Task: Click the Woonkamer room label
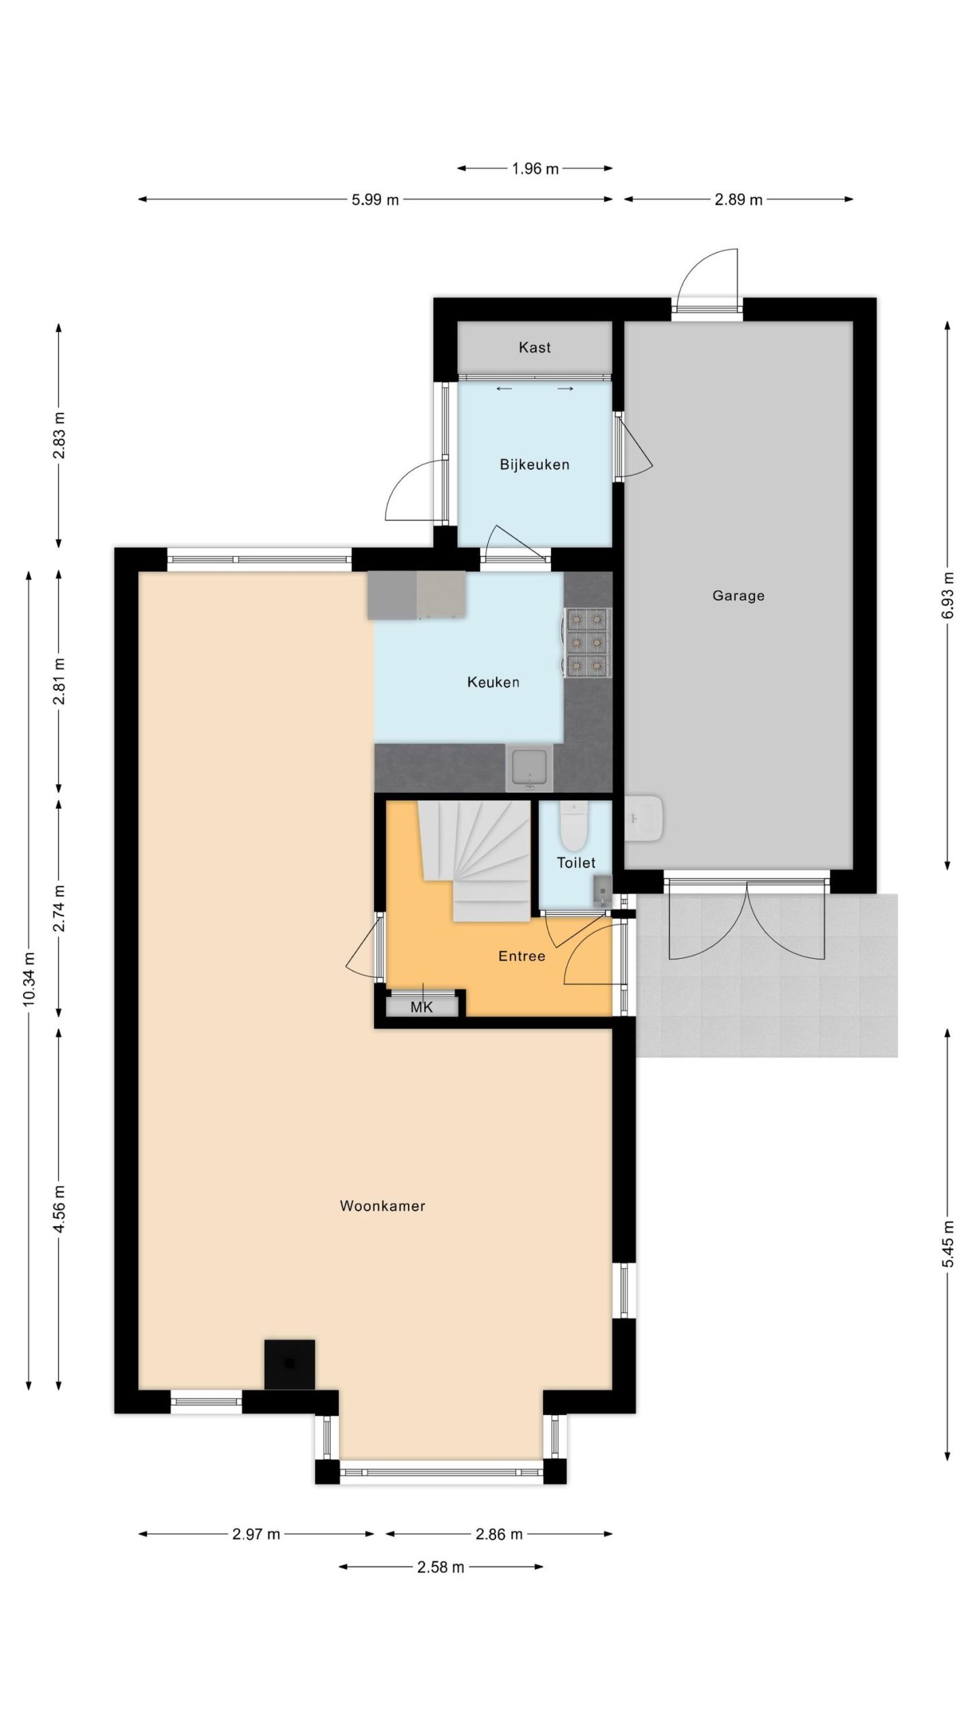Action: (382, 1206)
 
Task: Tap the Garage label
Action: (738, 596)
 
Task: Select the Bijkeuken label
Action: (534, 465)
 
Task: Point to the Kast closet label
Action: (534, 348)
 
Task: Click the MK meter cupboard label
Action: (421, 1007)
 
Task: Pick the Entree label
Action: (521, 956)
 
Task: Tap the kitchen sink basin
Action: (530, 768)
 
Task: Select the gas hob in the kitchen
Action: (587, 642)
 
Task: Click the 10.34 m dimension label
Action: (28, 980)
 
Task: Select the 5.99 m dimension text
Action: (375, 200)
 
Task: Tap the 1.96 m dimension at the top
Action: (535, 169)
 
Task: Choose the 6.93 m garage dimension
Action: (948, 596)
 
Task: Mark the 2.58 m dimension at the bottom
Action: (441, 1567)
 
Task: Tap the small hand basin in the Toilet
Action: (602, 891)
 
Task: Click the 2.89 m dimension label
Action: (738, 200)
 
